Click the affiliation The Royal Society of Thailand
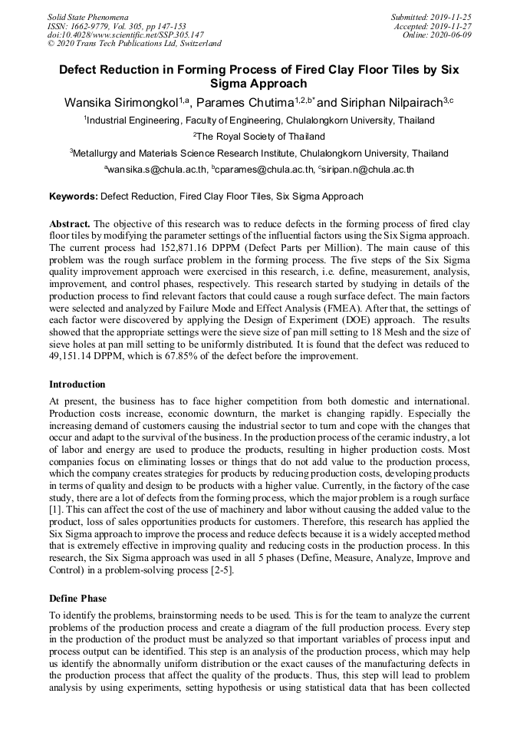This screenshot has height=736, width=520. click(x=261, y=137)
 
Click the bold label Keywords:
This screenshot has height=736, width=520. click(x=74, y=196)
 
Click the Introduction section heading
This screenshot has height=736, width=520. click(x=77, y=384)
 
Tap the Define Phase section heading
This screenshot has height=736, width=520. click(x=79, y=597)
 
